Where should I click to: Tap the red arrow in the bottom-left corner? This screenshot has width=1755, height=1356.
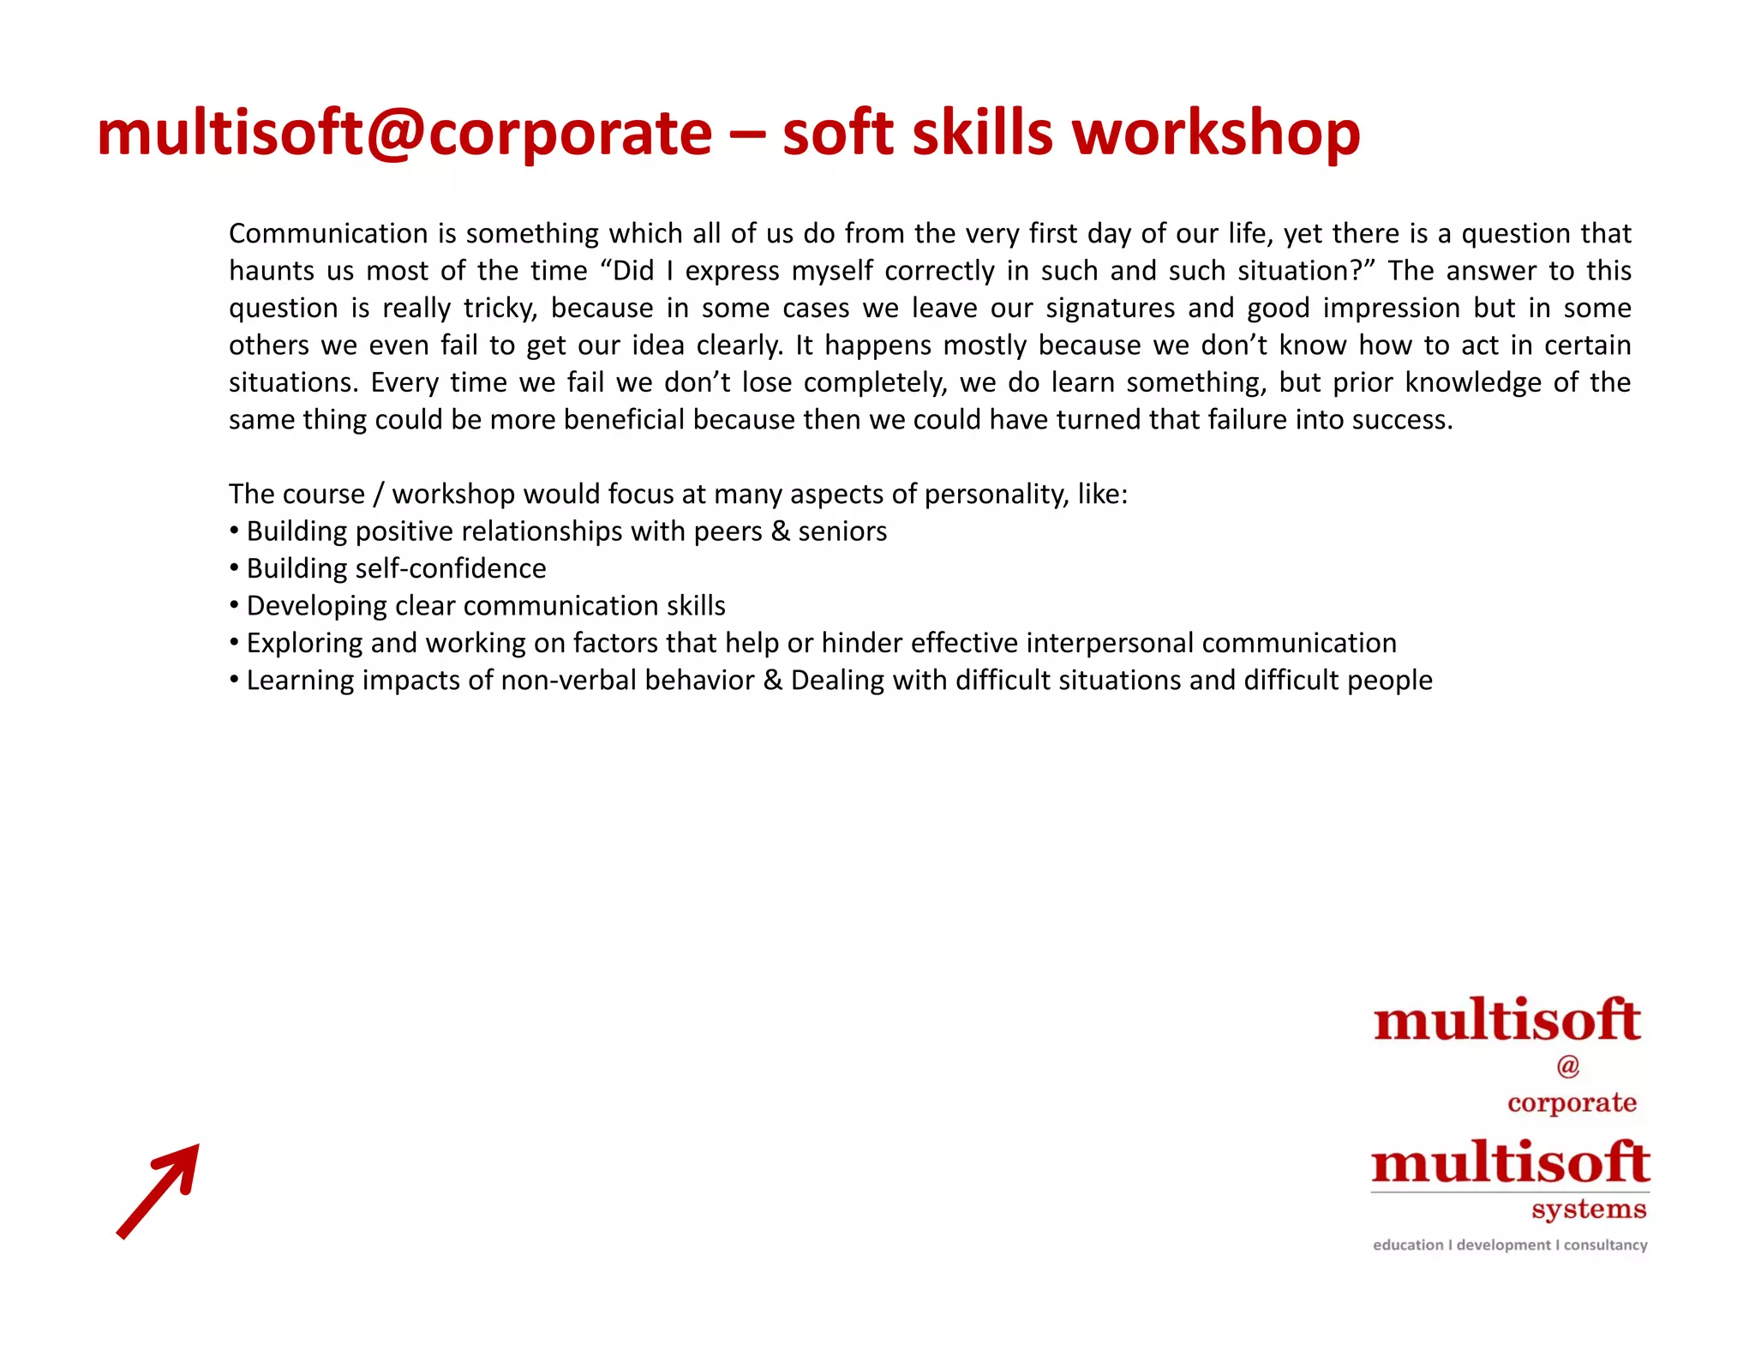159,1191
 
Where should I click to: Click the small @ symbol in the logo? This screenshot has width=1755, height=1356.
1567,1065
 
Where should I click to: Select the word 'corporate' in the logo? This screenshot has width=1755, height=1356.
1572,1102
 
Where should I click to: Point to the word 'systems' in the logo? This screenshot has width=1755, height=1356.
1589,1209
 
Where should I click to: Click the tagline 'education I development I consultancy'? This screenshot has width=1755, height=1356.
1510,1245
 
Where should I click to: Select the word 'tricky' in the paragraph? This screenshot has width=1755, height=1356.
500,308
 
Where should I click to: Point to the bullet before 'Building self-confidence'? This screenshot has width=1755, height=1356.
234,568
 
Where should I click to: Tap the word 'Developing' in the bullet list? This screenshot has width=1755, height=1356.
316,606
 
